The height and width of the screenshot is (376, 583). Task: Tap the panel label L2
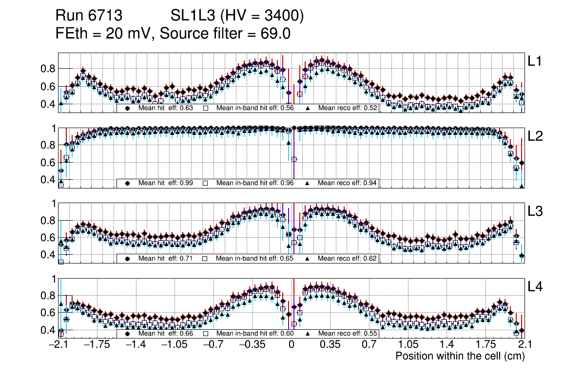[x=535, y=136]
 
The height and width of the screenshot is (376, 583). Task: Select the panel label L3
[x=535, y=211]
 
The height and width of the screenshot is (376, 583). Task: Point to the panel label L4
[x=535, y=287]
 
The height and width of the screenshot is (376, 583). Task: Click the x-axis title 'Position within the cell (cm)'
[x=460, y=356]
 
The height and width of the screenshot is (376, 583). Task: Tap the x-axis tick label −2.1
[x=58, y=345]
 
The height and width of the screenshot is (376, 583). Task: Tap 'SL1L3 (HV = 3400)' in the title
[x=237, y=16]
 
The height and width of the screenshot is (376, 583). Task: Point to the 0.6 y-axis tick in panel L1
[x=47, y=87]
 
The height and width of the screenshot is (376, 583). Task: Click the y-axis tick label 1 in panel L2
[x=54, y=128]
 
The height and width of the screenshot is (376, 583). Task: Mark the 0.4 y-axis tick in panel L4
[x=47, y=330]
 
